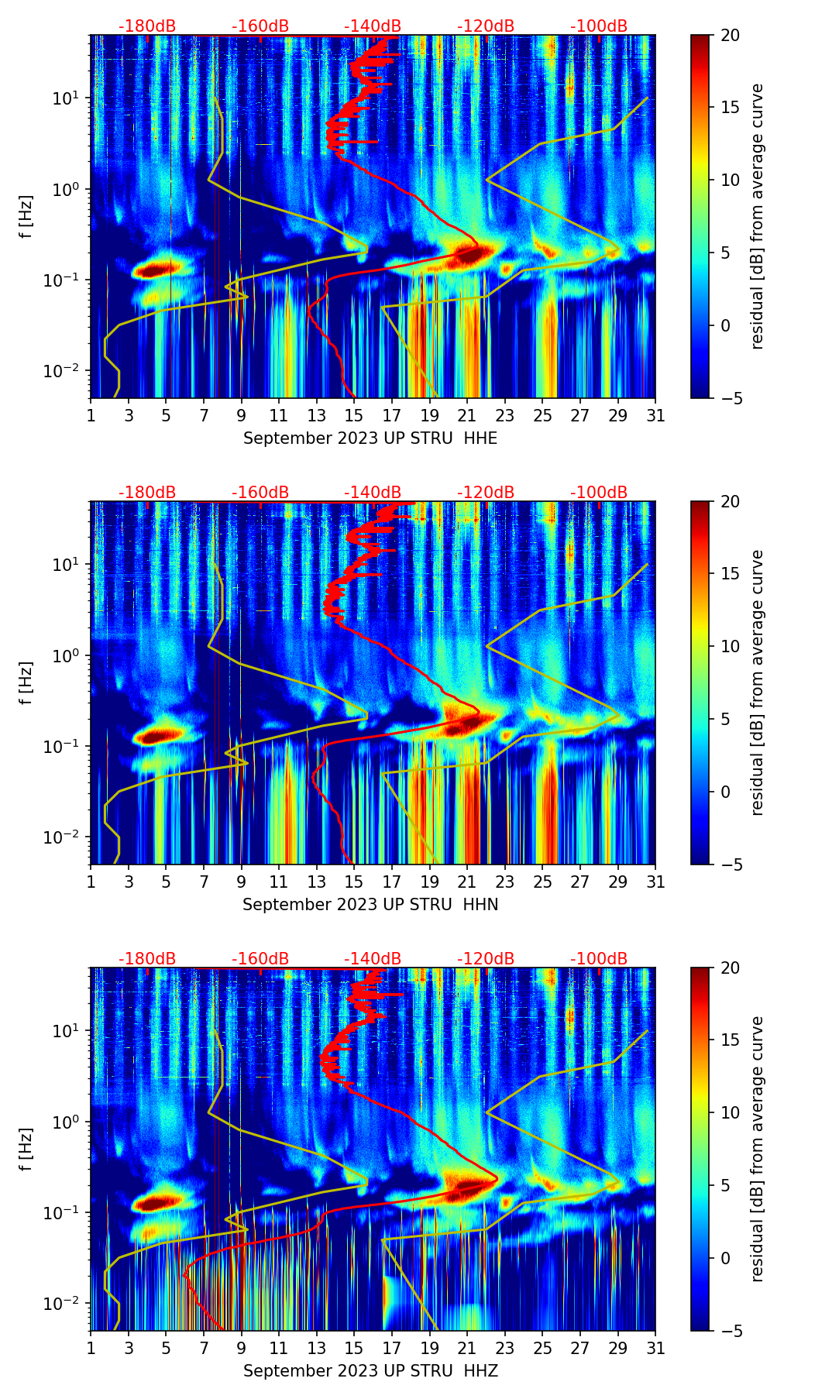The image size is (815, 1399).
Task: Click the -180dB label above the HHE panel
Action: click(147, 26)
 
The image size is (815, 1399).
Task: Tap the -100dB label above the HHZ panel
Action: click(599, 959)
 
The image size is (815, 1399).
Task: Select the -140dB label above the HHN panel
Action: click(373, 493)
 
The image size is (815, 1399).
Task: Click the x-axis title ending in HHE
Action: click(370, 438)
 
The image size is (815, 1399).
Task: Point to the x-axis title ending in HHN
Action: click(370, 905)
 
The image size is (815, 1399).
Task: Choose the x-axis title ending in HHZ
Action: click(370, 1371)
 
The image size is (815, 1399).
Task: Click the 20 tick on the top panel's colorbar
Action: click(731, 35)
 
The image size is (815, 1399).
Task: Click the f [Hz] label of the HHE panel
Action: click(26, 216)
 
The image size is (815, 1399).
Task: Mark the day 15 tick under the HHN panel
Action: click(354, 882)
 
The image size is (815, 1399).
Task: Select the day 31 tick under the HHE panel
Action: click(655, 415)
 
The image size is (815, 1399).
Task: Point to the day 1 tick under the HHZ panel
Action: click(91, 1348)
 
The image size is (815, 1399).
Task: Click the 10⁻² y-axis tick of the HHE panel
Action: click(64, 371)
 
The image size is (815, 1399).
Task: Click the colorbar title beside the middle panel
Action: click(758, 682)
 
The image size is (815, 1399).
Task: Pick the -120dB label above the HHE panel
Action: click(486, 26)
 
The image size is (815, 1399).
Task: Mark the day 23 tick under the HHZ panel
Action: click(504, 1348)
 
